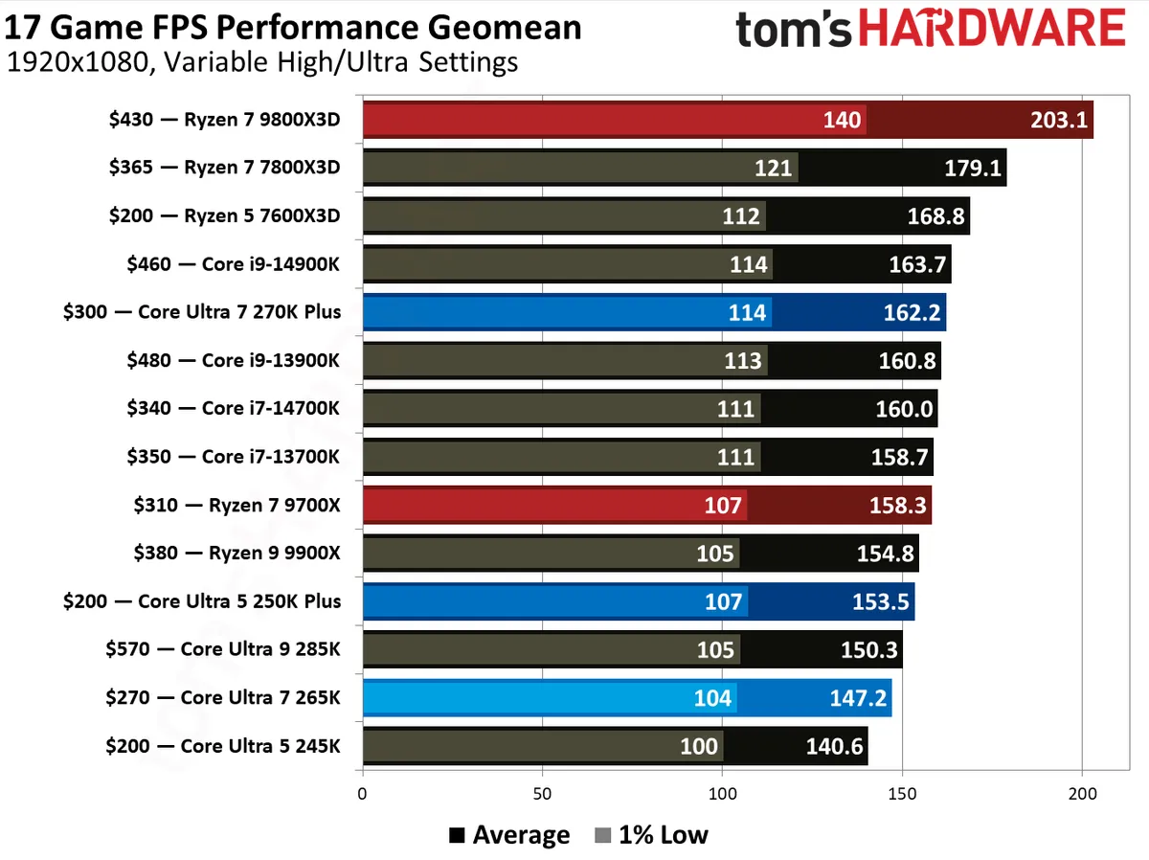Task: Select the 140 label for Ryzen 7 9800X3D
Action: [843, 121]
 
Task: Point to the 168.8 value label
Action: [936, 216]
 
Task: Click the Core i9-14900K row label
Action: [233, 264]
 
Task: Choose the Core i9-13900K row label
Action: [233, 361]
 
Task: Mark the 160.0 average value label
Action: [905, 409]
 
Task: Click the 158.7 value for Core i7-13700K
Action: [900, 458]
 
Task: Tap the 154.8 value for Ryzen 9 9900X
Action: [886, 554]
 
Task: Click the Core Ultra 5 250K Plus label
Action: [201, 601]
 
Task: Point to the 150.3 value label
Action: [869, 650]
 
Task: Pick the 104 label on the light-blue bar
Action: [713, 698]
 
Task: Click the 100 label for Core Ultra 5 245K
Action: [699, 746]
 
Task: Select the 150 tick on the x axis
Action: [902, 793]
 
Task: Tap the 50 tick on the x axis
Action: [542, 793]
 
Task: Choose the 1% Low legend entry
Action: [651, 835]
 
